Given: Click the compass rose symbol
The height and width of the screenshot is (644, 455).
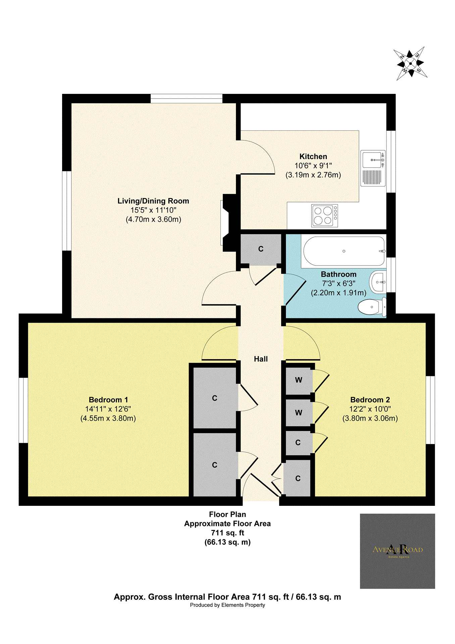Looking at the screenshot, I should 410,63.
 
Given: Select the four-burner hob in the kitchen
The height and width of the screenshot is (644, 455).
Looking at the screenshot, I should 324,216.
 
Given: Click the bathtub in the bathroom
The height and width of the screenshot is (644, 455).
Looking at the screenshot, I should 344,251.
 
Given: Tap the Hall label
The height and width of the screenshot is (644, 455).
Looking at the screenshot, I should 261,359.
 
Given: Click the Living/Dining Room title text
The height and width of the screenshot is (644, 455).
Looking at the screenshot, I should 153,201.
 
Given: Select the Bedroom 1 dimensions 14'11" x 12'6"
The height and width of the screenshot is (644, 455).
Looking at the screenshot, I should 108,409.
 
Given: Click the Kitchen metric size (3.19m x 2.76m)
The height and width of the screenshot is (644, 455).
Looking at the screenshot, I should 313,175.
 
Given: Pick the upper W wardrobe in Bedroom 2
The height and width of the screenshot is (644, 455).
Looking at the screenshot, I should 298,380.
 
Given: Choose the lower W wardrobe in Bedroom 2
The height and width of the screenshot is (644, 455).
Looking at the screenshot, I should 298,413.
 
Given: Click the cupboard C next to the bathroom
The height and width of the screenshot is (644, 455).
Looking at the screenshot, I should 261,249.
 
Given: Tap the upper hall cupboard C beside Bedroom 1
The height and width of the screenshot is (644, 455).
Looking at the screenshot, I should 215,398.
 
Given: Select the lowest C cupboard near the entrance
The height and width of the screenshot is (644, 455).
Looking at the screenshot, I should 298,478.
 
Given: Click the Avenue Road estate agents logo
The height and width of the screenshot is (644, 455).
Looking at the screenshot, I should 397,551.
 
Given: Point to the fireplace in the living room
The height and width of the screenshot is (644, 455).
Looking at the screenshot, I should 228,223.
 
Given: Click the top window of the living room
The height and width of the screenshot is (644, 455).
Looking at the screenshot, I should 186,98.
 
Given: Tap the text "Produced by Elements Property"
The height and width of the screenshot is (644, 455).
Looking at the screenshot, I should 227,605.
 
